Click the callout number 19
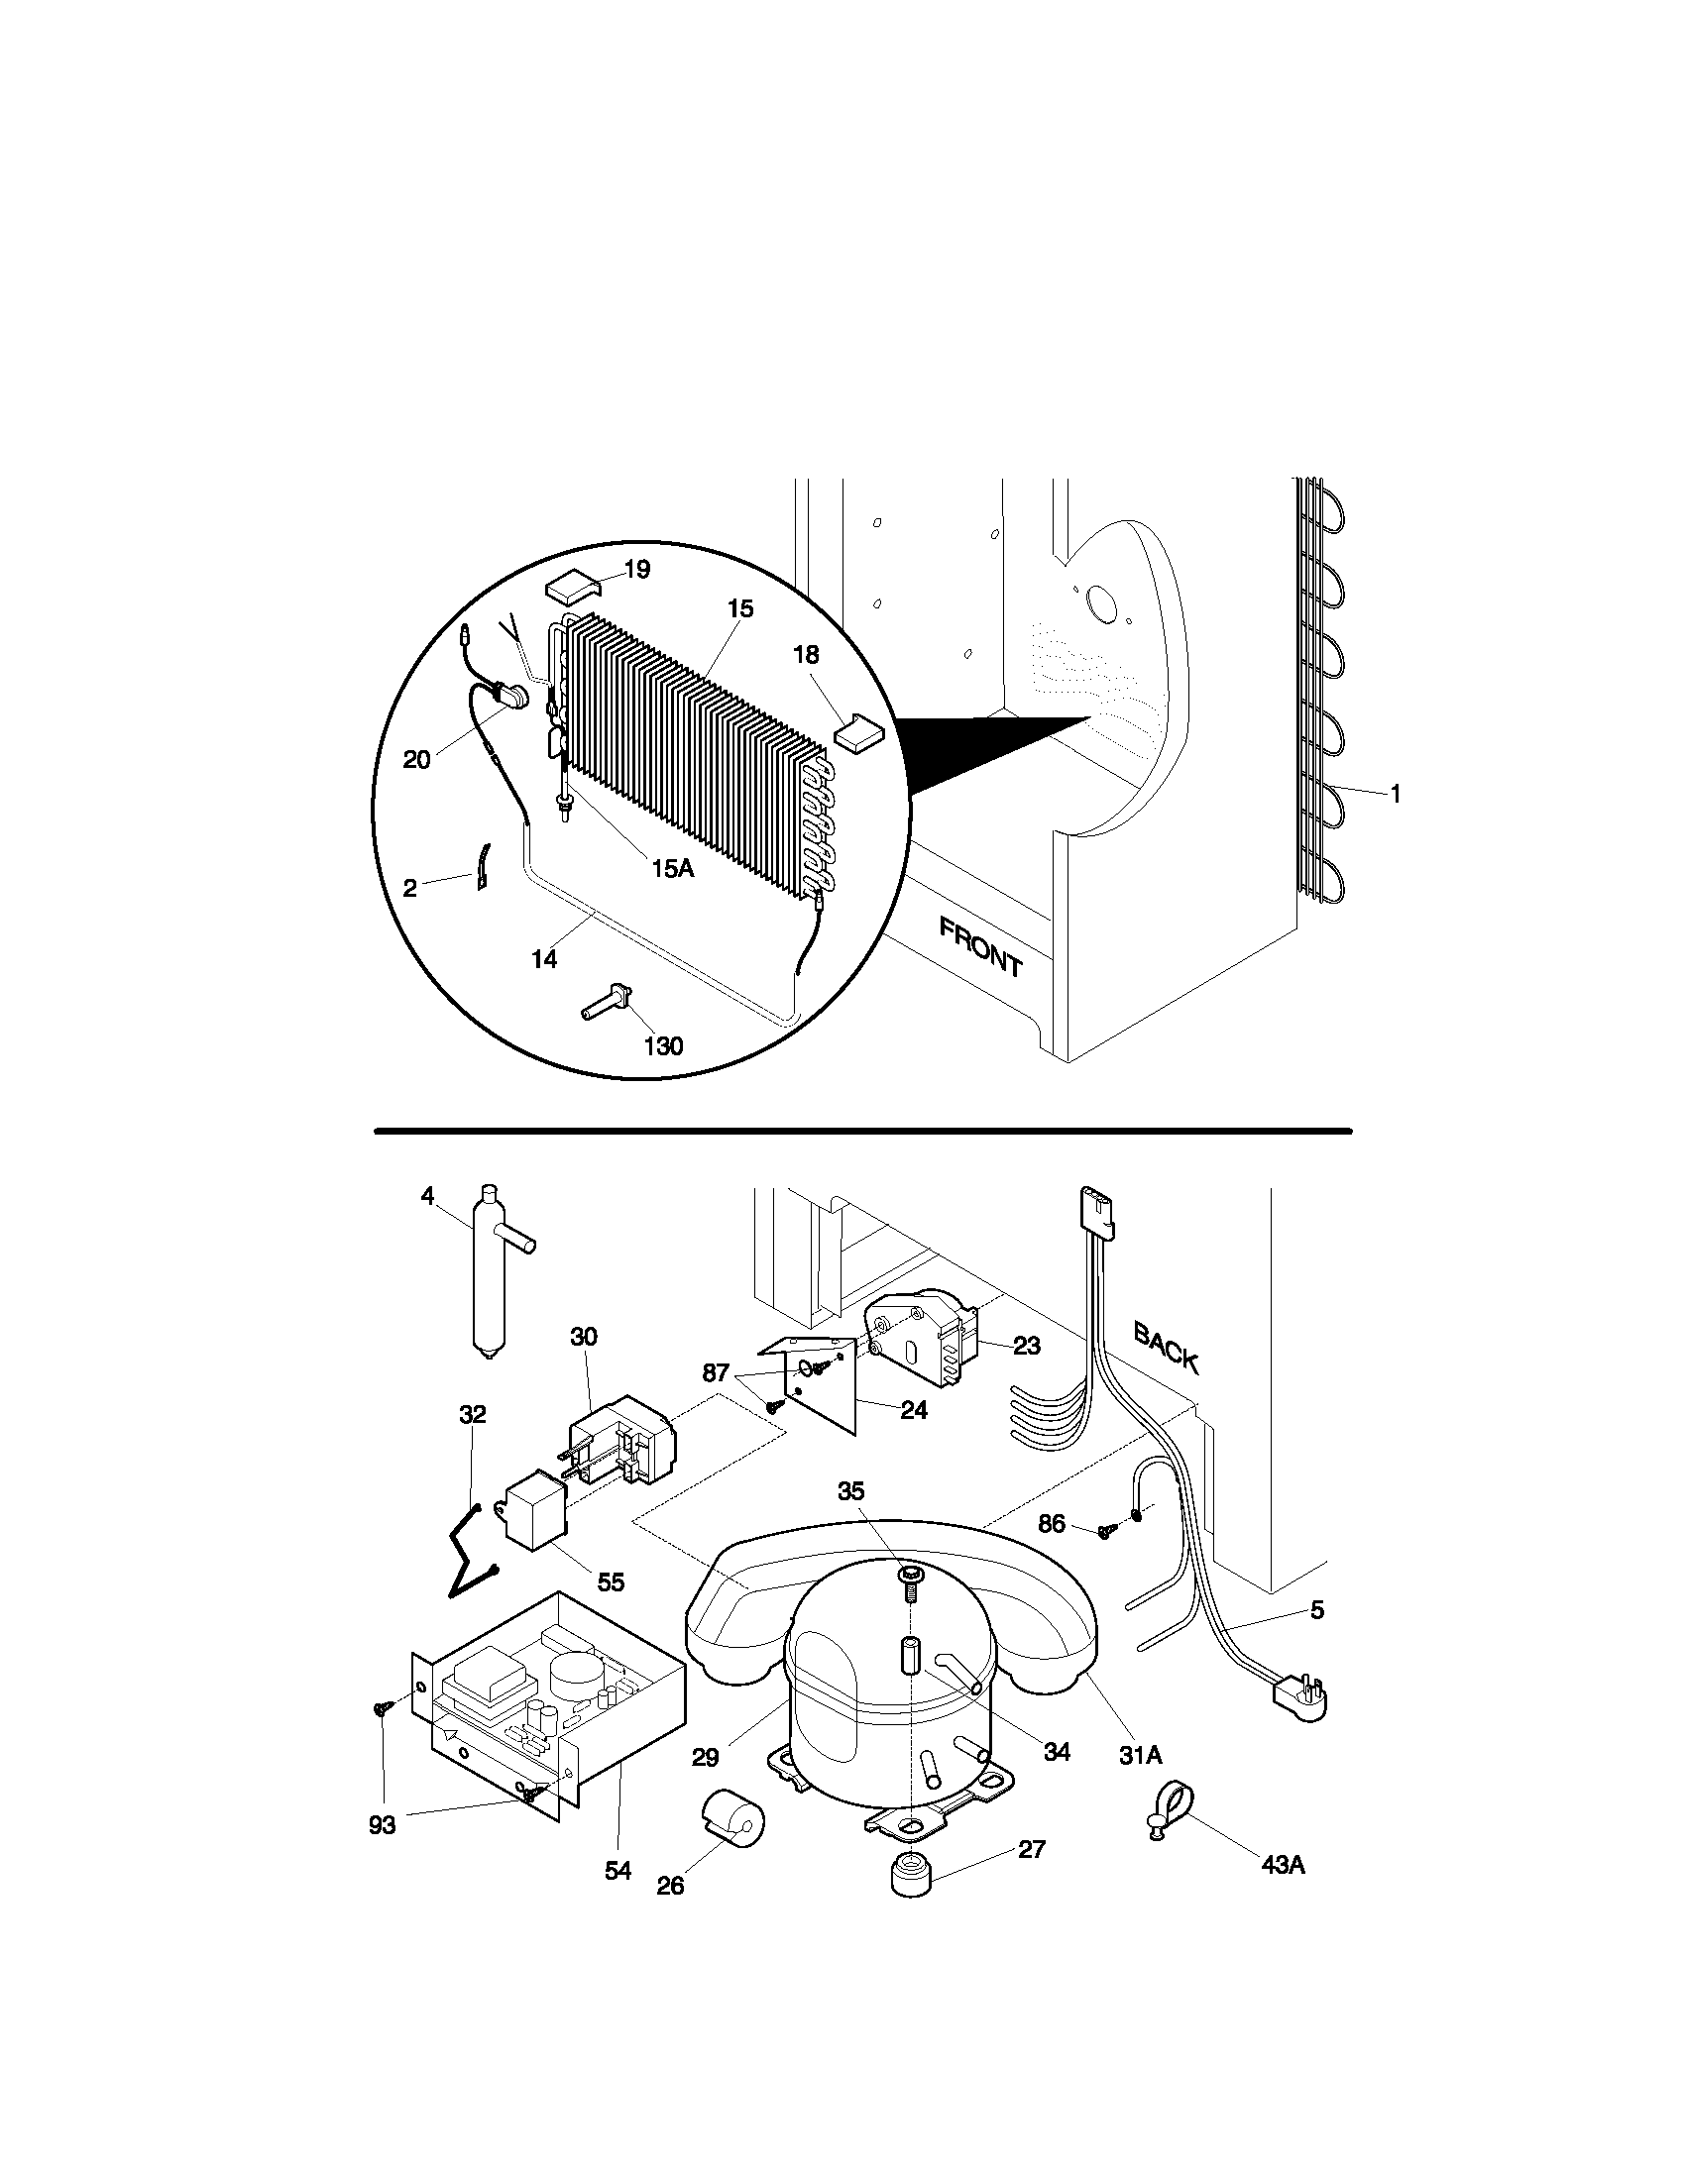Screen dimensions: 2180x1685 click(637, 569)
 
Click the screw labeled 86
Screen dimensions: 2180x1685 click(1105, 1531)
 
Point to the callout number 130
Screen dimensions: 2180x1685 click(664, 1046)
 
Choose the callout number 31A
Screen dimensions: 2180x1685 click(1140, 1755)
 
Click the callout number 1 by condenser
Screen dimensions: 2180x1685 click(1396, 794)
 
